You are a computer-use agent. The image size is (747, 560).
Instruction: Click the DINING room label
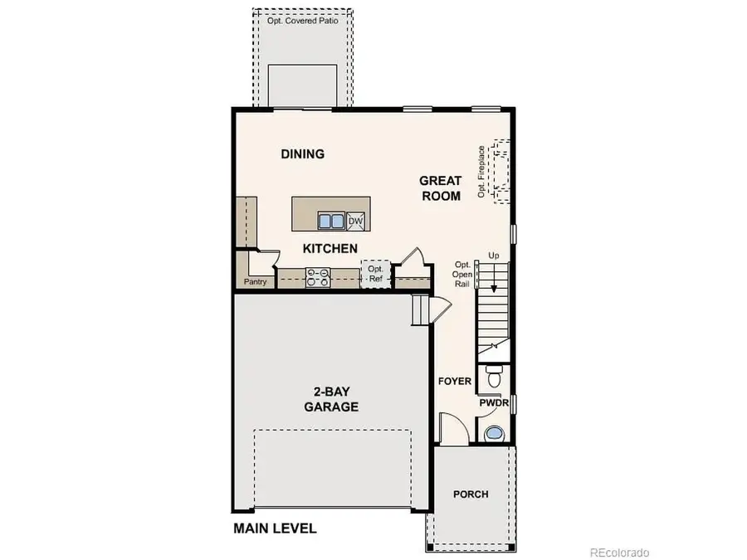tap(302, 153)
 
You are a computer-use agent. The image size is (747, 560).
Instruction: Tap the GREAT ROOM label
tap(440, 188)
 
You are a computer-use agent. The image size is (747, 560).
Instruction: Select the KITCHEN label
tap(330, 248)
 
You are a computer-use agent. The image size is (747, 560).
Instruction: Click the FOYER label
tap(455, 382)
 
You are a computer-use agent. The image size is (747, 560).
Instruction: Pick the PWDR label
tap(494, 403)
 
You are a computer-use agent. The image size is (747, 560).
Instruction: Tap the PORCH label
tap(471, 494)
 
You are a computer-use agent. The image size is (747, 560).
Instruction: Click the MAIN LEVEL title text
tap(275, 528)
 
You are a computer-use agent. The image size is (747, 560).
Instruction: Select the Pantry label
tap(255, 282)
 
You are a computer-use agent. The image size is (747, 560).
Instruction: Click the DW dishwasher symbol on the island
tap(356, 220)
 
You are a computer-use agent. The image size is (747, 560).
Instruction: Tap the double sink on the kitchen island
tap(331, 221)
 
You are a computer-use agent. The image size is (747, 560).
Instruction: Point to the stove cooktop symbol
tap(318, 277)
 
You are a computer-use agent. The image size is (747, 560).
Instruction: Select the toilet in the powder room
tap(494, 377)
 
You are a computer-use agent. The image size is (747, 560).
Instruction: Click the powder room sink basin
tap(494, 433)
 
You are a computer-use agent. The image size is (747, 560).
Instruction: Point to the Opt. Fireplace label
tap(481, 172)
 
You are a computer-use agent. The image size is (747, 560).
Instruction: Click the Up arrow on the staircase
tap(494, 282)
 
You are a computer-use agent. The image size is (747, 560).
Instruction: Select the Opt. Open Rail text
tap(463, 273)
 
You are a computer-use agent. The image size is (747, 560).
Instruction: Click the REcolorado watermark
tap(619, 552)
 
